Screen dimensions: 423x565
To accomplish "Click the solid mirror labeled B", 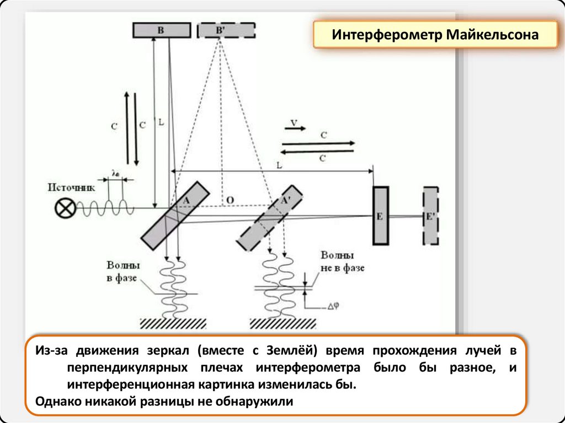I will click(160, 30).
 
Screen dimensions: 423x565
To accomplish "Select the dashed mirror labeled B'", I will click(226, 30).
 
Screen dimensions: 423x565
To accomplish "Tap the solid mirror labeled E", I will click(380, 215).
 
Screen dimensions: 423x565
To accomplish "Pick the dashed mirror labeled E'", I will click(430, 215).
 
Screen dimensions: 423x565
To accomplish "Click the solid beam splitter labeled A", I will click(175, 216).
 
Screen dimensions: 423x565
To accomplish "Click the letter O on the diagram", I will click(230, 199).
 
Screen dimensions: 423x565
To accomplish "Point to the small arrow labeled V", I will click(296, 124).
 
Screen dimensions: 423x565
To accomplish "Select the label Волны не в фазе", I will click(342, 262).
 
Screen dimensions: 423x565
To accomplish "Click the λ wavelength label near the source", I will click(115, 173).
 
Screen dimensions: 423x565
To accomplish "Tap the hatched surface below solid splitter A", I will click(168, 323).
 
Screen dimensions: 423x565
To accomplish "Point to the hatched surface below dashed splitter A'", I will click(283, 323).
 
